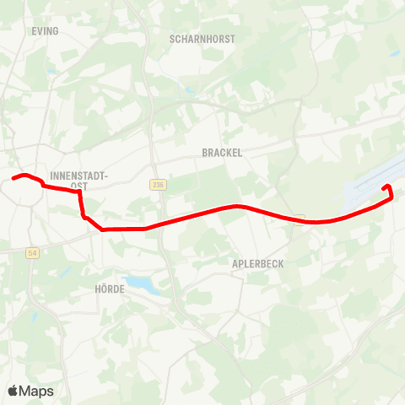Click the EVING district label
[x=46, y=31]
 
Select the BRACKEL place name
[x=222, y=153]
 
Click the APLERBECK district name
[x=257, y=263]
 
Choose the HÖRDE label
[x=109, y=289]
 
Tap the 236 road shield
[x=158, y=184]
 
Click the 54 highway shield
[x=33, y=252]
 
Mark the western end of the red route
[x=13, y=178]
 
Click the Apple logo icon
[x=13, y=391]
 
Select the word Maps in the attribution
[x=37, y=391]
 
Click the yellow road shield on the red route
[x=300, y=221]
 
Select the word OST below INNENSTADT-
[x=79, y=186]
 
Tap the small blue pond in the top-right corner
[x=394, y=54]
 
